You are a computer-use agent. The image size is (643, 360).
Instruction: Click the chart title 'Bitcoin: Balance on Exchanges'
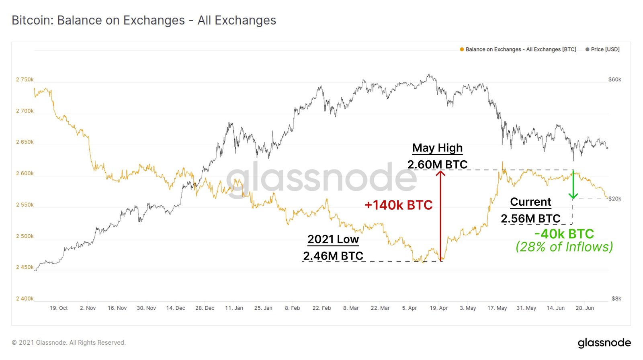click(x=143, y=20)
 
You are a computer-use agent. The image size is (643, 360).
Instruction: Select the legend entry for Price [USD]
click(x=602, y=49)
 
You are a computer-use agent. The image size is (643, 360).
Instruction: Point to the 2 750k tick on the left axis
click(x=25, y=80)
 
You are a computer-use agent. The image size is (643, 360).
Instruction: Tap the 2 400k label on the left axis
click(x=25, y=299)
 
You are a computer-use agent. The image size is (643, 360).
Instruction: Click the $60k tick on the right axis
click(x=614, y=80)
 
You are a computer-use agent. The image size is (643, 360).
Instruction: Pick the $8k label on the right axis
click(x=616, y=299)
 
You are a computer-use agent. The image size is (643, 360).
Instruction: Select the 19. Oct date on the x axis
click(x=59, y=308)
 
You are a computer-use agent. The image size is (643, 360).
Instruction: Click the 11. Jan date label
click(x=234, y=308)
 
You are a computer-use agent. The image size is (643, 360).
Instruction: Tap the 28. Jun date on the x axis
click(x=585, y=308)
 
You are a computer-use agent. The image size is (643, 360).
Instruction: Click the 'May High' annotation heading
click(x=437, y=148)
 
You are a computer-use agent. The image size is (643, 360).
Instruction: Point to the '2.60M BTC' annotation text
click(x=437, y=164)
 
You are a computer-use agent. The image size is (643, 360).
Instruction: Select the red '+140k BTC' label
click(x=398, y=205)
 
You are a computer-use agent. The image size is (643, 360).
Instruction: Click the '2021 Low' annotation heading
click(x=333, y=239)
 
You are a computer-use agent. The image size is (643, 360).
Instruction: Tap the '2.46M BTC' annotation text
click(x=333, y=256)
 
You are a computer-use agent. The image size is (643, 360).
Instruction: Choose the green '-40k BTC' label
click(x=564, y=233)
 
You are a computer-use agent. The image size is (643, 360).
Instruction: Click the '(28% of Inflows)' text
click(x=564, y=247)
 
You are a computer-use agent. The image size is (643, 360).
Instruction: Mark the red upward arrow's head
click(x=440, y=173)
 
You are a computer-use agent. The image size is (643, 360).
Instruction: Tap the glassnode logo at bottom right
click(x=604, y=343)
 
